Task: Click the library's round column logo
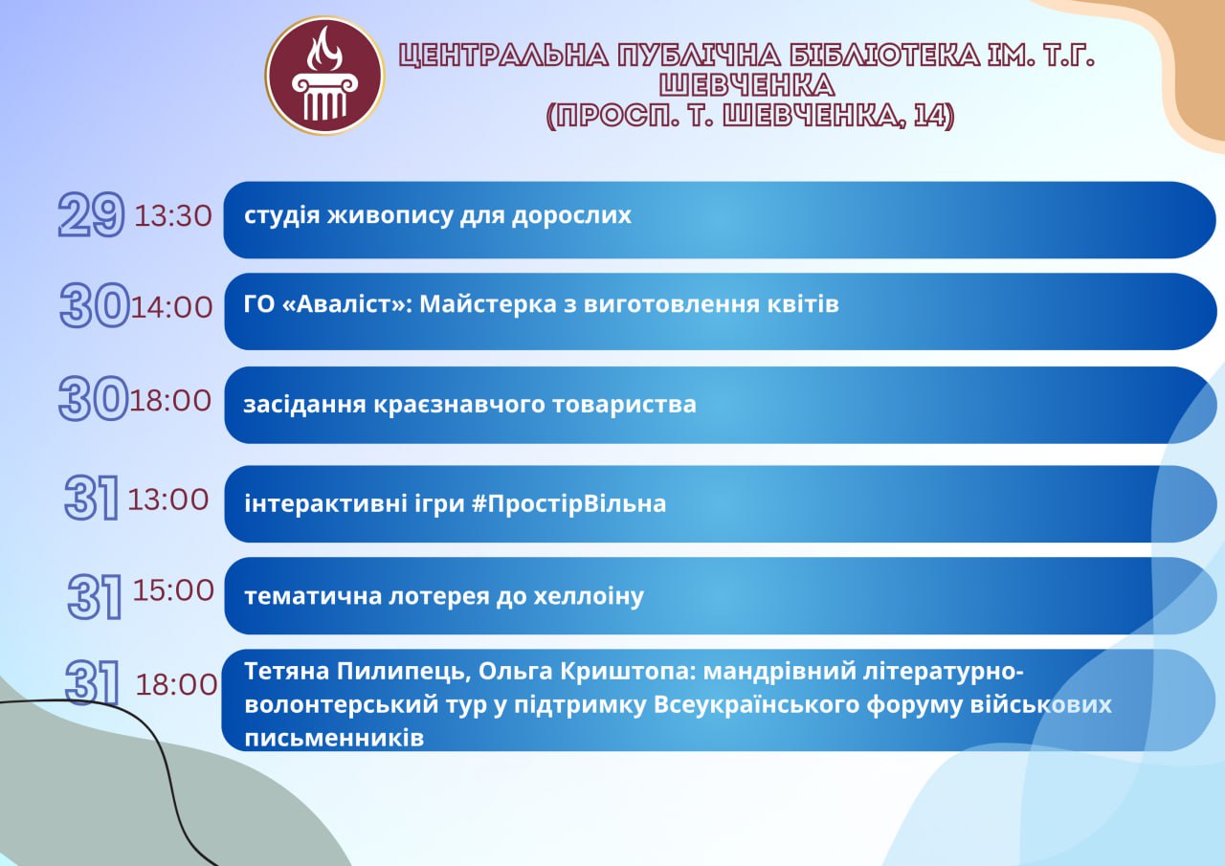324,76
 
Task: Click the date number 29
91,214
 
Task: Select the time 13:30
173,215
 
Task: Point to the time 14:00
171,307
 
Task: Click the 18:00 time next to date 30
170,400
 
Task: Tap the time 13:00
167,500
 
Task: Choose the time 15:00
173,590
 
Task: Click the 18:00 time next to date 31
176,684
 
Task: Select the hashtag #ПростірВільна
568,504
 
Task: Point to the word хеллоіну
589,596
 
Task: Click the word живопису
390,215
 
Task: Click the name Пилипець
404,672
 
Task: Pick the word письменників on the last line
334,739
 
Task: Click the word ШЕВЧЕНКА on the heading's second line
746,85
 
